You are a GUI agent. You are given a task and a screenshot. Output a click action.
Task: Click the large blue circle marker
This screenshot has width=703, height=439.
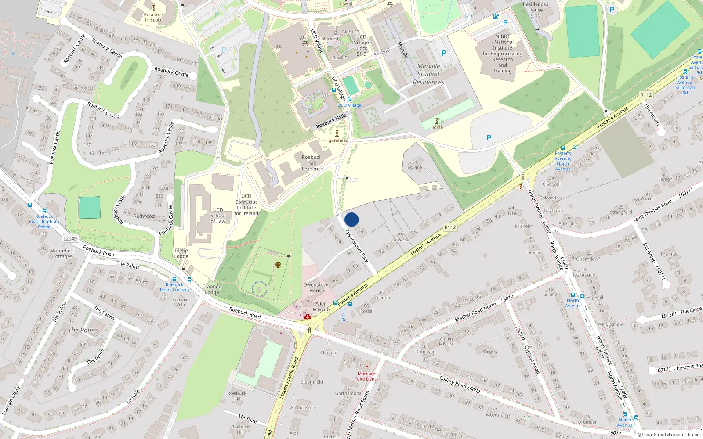pyautogui.click(x=351, y=219)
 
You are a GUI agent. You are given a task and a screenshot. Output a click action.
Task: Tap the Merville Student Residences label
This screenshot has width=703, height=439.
pyautogui.click(x=428, y=74)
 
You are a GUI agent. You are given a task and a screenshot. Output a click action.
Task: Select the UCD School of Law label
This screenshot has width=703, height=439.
pyautogui.click(x=218, y=215)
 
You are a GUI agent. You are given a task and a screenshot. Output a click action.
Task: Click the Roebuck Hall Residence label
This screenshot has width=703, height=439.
pyautogui.click(x=312, y=163)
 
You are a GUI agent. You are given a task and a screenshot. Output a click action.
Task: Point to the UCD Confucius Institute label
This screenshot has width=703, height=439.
pyautogui.click(x=246, y=205)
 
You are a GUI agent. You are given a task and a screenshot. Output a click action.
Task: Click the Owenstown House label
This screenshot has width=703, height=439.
pyautogui.click(x=316, y=288)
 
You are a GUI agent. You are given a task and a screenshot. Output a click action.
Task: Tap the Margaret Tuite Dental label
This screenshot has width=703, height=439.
pyautogui.click(x=367, y=376)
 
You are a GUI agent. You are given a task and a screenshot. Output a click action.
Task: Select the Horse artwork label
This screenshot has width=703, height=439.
pyautogui.click(x=437, y=127)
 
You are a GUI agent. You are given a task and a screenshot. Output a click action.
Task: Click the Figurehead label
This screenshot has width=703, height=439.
pyautogui.click(x=337, y=140)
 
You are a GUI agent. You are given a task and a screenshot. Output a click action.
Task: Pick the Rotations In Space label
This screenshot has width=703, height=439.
pyautogui.click(x=154, y=17)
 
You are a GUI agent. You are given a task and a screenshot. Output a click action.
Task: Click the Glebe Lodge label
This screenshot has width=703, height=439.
pyautogui.click(x=181, y=253)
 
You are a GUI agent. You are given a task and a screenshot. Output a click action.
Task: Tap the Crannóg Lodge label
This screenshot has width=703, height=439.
pyautogui.click(x=212, y=289)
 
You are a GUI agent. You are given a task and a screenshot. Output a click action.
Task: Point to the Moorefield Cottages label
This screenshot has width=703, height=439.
pyautogui.click(x=62, y=254)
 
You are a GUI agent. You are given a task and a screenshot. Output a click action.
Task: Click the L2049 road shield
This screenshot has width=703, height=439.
pyautogui.click(x=70, y=239)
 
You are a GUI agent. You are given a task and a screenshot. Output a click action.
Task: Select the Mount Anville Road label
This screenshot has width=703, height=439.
pyautogui.click(x=289, y=378)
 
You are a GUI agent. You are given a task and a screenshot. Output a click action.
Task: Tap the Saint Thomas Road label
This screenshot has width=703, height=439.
pyautogui.click(x=652, y=210)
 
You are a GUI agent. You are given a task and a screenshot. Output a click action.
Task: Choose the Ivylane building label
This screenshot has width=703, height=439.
pyautogui.click(x=414, y=167)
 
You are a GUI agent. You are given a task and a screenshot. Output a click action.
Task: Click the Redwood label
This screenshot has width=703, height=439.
pyautogui.click(x=144, y=216)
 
